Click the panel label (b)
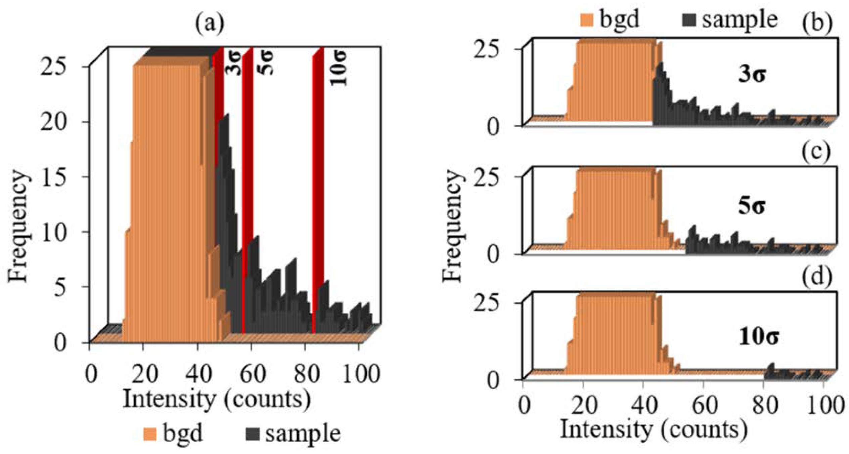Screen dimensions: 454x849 817,24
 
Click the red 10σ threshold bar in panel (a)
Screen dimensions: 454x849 318,188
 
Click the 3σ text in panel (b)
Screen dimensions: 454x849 752,75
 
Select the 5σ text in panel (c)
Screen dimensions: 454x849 752,206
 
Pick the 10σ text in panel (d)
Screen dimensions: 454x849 758,337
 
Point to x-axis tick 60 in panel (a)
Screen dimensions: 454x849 251,374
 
